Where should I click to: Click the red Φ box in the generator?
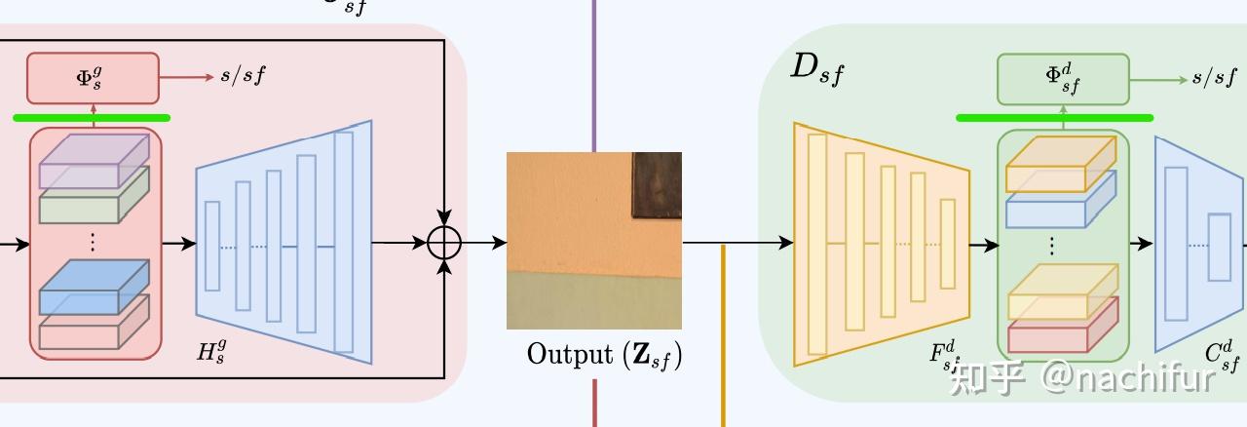pos(93,78)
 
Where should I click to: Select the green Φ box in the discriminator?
pos(1063,79)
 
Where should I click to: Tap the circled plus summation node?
pos(443,243)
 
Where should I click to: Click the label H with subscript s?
pos(211,352)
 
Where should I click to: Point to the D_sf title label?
pos(816,67)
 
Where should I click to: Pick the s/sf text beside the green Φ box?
pos(1214,78)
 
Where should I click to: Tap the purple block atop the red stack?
pos(94,162)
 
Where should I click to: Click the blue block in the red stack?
pos(94,287)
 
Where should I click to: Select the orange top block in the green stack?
pos(1060,165)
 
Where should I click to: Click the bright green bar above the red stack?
pos(92,118)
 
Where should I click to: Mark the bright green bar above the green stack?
pos(1054,118)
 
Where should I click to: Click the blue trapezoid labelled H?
pos(283,243)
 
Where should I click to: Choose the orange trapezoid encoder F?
pos(882,244)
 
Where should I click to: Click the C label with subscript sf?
pos(1224,357)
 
